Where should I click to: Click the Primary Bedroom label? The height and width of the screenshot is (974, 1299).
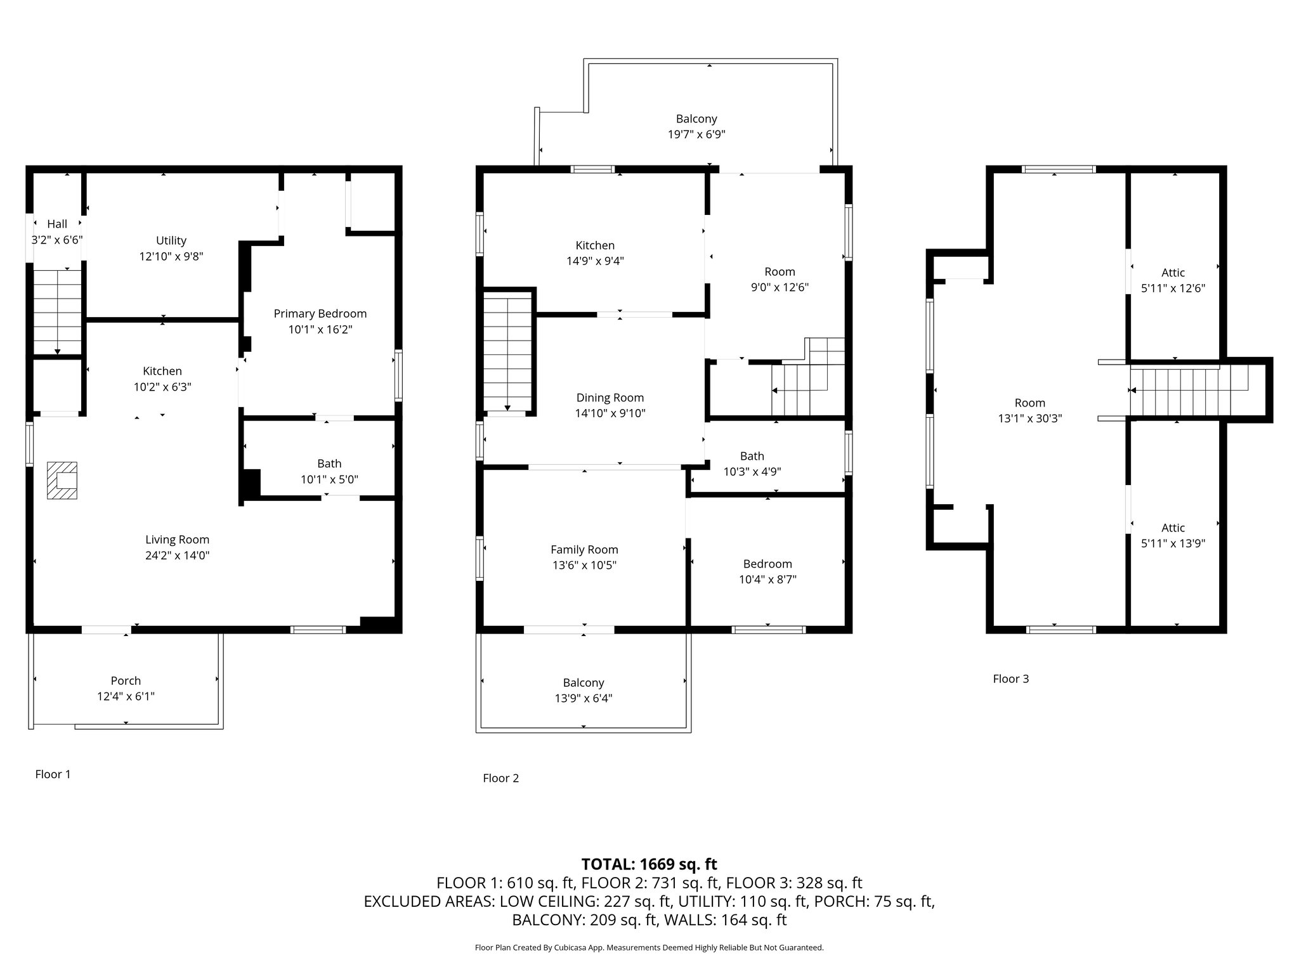[x=320, y=313]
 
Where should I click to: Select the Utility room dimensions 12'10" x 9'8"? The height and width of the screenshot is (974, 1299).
[x=171, y=256]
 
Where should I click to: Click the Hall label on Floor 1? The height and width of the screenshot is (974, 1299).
[x=57, y=224]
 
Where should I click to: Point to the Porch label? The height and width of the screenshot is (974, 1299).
[x=126, y=680]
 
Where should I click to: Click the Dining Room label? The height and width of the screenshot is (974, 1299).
[x=610, y=398]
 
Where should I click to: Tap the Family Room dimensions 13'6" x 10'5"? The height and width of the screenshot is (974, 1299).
[x=584, y=565]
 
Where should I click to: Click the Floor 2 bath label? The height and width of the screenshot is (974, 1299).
[x=752, y=456]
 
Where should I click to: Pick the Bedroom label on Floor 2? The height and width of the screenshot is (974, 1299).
[x=767, y=564]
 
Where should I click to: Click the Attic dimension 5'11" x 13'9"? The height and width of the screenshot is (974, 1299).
[x=1173, y=543]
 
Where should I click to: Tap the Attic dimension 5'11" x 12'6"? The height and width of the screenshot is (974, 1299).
[x=1173, y=288]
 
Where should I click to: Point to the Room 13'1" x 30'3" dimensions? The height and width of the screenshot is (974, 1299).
[x=1030, y=418]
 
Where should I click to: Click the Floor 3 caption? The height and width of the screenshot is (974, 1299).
[x=1011, y=679]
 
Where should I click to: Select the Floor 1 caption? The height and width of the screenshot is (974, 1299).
[x=53, y=774]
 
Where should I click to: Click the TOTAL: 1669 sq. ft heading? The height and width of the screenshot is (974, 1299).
[x=649, y=864]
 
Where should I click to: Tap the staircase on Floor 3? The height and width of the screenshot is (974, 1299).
[x=1189, y=389]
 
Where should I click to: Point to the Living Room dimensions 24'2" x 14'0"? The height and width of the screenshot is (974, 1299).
[x=177, y=555]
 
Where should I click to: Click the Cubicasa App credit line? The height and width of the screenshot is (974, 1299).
[x=649, y=947]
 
